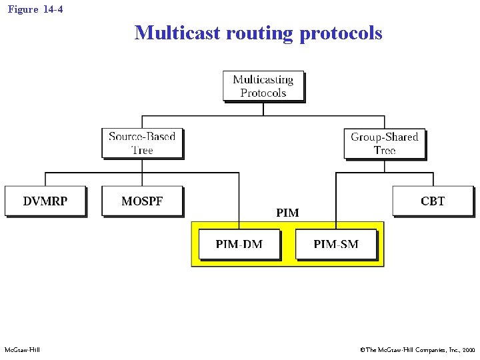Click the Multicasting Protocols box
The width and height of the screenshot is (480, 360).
coord(263,86)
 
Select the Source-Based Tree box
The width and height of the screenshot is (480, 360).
coord(142,143)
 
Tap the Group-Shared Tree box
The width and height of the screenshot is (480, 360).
coord(384,143)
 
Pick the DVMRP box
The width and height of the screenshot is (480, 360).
coord(45,201)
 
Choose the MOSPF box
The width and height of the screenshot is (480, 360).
coord(142,201)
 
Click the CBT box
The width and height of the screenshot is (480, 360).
coord(433,201)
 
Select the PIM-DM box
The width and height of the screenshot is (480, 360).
coord(239,244)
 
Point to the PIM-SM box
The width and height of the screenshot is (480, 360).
coord(336,244)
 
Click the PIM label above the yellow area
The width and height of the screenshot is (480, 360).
coord(287,213)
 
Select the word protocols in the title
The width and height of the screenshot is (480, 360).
coord(341,33)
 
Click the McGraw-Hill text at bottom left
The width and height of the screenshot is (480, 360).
coord(22,350)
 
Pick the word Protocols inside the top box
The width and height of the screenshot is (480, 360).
coord(263,93)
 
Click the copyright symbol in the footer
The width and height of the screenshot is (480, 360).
coord(362,350)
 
